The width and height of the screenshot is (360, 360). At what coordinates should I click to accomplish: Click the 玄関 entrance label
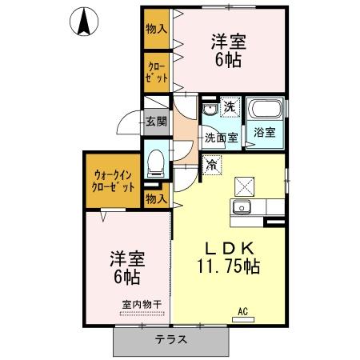pyautogui.click(x=156, y=122)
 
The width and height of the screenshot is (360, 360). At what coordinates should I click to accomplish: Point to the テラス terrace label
pyautogui.click(x=170, y=338)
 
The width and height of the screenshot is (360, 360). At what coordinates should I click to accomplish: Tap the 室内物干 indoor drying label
pyautogui.click(x=142, y=304)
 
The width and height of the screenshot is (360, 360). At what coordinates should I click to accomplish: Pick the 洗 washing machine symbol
pyautogui.click(x=229, y=107)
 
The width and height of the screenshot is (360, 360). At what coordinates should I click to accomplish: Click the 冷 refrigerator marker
pyautogui.click(x=213, y=166)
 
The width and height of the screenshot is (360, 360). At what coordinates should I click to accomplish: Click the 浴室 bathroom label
pyautogui.click(x=265, y=133)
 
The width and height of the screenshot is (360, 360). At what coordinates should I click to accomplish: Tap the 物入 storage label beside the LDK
pyautogui.click(x=156, y=198)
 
